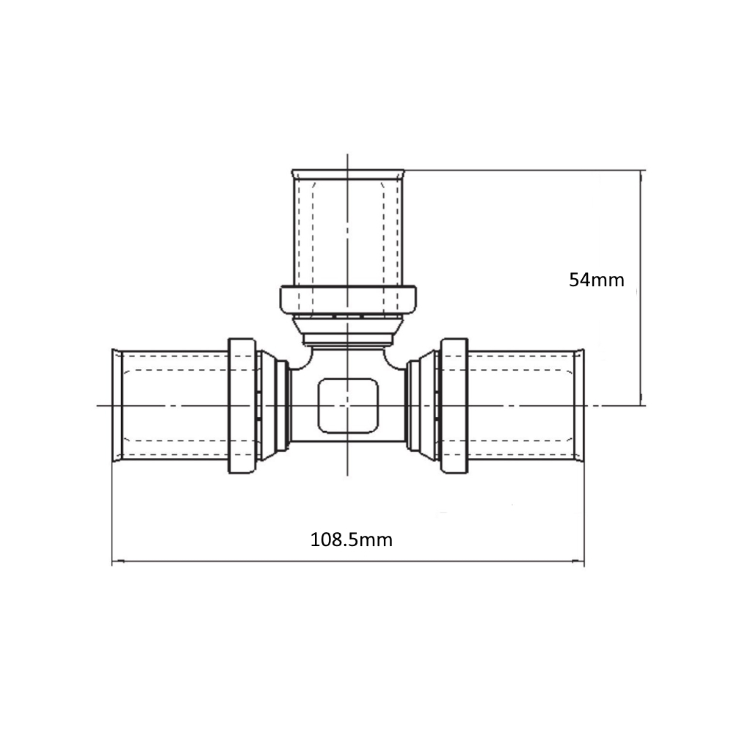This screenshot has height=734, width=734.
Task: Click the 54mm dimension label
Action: [x=596, y=280]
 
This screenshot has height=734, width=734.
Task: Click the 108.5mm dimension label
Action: [x=352, y=539]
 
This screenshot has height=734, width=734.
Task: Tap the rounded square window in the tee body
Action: [x=348, y=405]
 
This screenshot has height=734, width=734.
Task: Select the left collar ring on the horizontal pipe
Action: [x=242, y=405]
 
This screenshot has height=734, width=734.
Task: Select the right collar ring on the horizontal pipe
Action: [x=454, y=405]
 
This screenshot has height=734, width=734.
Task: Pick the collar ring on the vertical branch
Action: [x=348, y=299]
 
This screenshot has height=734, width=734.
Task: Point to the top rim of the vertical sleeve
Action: [x=348, y=173]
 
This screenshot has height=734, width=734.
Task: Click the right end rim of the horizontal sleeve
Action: [x=580, y=405]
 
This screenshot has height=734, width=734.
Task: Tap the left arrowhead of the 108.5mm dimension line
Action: [x=117, y=560]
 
